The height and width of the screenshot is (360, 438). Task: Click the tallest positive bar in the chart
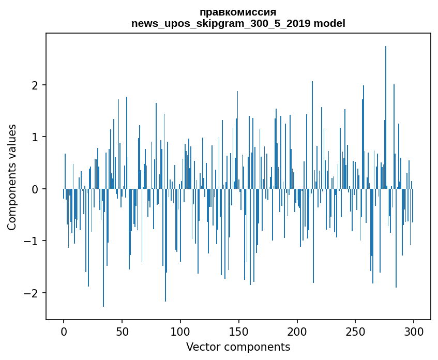tap(385, 117)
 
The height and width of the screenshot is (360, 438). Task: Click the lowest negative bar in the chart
tap(103, 248)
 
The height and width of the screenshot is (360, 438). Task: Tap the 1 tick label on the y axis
tap(35, 137)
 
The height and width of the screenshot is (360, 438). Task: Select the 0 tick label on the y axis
tap(35, 189)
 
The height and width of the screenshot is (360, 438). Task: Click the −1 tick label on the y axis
tap(31, 241)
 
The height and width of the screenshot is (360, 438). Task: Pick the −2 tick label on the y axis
tap(31, 293)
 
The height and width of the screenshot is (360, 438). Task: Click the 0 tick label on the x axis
tap(64, 332)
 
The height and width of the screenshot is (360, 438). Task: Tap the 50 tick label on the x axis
tap(122, 332)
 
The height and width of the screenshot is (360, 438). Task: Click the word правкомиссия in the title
tap(238, 12)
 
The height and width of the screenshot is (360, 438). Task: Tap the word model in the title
tap(329, 23)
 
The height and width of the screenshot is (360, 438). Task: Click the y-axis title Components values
tap(12, 177)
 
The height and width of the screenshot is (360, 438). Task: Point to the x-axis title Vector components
tap(238, 347)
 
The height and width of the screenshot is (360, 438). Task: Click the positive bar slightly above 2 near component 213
tap(312, 135)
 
